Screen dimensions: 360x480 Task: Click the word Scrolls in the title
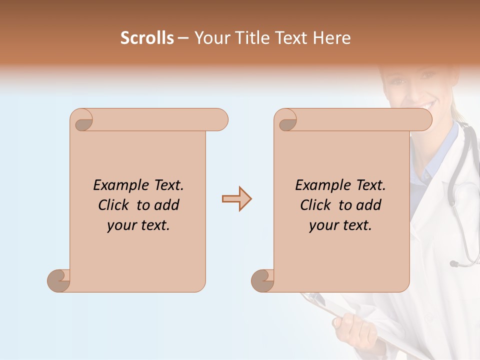147,38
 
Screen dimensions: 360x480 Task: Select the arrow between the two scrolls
236,199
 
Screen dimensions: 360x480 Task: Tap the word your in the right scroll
323,225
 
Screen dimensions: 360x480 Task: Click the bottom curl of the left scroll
59,280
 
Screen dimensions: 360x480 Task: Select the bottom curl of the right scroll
262,280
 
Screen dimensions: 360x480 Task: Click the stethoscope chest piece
454,263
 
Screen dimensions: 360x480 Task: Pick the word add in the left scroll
166,205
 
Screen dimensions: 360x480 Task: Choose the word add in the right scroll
368,205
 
